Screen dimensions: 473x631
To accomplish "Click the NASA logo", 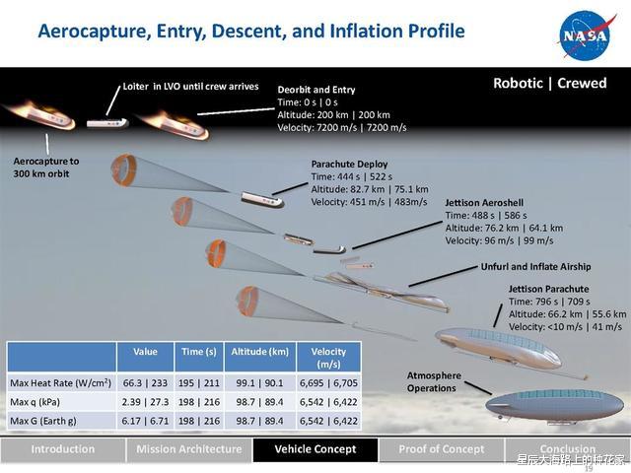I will click(586, 34).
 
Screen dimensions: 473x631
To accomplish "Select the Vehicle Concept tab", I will click(315, 449).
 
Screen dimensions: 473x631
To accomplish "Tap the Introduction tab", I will click(63, 449).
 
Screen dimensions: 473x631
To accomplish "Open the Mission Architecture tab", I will click(188, 449).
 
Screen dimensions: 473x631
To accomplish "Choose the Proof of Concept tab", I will click(442, 449).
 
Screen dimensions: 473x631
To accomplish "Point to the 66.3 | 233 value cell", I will click(145, 382).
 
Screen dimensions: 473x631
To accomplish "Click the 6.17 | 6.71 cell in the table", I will click(145, 421).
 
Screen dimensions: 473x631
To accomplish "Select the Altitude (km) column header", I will click(260, 352).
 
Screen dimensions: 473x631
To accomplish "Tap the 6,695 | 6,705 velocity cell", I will click(328, 382).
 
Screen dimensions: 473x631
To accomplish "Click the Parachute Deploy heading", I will click(349, 164).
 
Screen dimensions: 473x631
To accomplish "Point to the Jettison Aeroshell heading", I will click(484, 202).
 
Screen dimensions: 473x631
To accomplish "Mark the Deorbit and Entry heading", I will click(316, 89).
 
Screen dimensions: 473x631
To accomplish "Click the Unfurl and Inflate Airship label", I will click(535, 266).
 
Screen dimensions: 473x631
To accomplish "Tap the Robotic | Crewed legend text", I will click(549, 84).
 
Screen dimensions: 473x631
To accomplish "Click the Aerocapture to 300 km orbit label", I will click(46, 167).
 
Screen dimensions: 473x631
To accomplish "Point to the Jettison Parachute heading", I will click(549, 289).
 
